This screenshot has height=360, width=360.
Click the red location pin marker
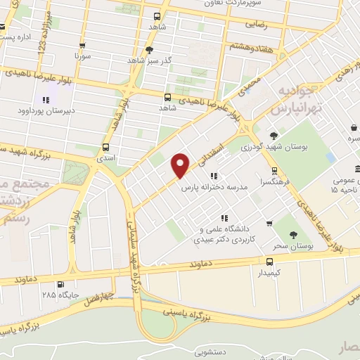click(181, 165)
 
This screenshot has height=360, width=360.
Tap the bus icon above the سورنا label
click(83, 44)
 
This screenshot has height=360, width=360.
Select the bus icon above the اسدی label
click(105, 148)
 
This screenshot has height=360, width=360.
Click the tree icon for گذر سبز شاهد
click(149, 50)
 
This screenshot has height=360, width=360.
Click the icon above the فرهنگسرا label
click(275, 171)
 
